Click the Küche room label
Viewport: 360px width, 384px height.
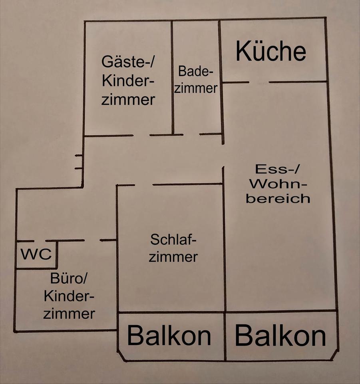coord(271,52)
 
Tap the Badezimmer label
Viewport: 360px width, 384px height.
coord(195,80)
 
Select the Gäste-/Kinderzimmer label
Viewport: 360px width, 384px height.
coord(128,81)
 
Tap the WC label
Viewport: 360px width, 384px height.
coord(36,255)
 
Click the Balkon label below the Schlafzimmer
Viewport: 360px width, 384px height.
coord(169,336)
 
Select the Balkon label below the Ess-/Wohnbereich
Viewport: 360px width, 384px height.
coord(280,336)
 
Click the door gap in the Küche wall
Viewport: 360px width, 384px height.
coord(259,82)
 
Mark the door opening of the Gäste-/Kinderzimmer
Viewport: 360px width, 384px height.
coord(141,135)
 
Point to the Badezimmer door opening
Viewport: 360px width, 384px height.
coord(191,134)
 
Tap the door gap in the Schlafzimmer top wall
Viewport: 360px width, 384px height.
coord(143,185)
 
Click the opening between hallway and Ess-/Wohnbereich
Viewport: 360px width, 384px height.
coord(223,155)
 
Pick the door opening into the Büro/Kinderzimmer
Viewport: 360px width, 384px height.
coord(92,240)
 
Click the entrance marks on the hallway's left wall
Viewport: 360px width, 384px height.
coord(79,162)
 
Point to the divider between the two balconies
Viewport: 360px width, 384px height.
coord(225,336)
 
